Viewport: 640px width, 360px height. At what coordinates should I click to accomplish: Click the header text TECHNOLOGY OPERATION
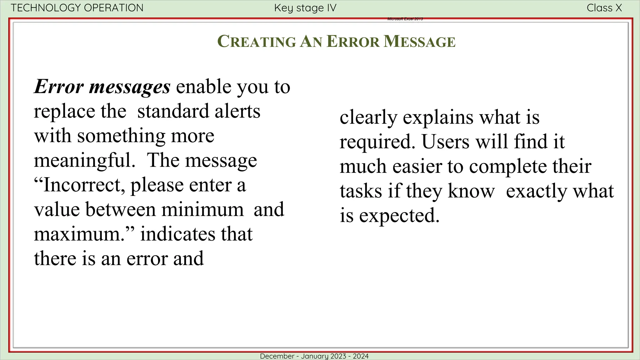pos(77,8)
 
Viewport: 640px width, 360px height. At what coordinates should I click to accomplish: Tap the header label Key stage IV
pos(305,8)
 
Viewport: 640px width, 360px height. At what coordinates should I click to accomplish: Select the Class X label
pos(604,8)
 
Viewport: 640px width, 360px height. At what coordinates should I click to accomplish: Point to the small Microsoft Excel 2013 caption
pos(405,19)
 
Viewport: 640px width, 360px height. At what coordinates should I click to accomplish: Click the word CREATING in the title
pos(257,42)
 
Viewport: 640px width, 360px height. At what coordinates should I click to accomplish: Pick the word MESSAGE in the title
pos(419,42)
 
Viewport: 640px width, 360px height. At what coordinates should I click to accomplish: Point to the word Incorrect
pos(82,185)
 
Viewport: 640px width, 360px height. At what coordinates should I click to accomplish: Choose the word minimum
pos(202,209)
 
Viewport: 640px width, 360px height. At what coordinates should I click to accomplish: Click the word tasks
pos(361,191)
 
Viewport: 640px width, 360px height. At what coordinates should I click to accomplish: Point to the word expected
pos(399,216)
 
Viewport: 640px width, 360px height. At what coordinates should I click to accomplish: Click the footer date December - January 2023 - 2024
pos(314,356)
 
